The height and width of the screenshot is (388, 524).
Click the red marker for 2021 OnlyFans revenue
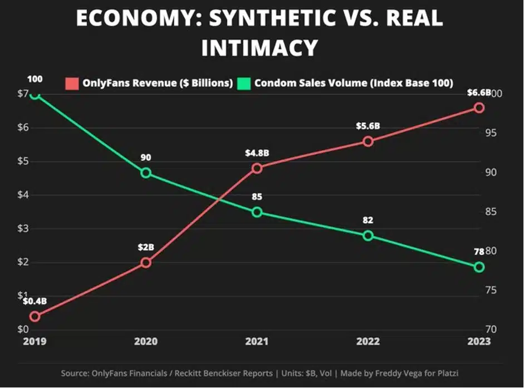(257, 168)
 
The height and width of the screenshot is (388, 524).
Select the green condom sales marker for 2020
(145, 173)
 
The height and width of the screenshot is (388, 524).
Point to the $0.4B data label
(35, 301)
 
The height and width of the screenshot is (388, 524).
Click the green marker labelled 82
(368, 235)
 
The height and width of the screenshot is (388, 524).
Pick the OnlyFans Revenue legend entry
(151, 83)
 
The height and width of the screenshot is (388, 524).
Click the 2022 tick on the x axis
(368, 341)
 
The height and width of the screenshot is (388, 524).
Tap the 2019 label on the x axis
(35, 341)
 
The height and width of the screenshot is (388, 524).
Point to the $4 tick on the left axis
(11, 195)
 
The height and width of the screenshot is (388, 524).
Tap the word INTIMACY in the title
(259, 48)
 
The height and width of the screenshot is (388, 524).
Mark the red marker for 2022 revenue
(368, 141)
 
